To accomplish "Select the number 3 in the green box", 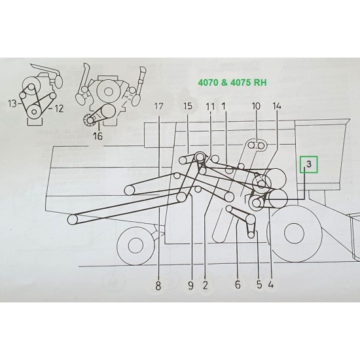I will pyautogui.click(x=309, y=164).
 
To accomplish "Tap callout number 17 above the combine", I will pyautogui.click(x=159, y=106).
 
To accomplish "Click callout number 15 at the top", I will pyautogui.click(x=188, y=106).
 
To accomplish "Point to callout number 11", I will pyautogui.click(x=209, y=106).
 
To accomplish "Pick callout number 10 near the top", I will pyautogui.click(x=256, y=106).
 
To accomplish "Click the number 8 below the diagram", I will pyautogui.click(x=159, y=284).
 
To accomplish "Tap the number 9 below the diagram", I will pyautogui.click(x=190, y=284).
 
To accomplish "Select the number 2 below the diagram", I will pyautogui.click(x=205, y=284).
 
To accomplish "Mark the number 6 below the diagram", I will pyautogui.click(x=238, y=284).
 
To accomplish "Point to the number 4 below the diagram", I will pyautogui.click(x=271, y=284).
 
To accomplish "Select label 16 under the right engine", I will pyautogui.click(x=99, y=136).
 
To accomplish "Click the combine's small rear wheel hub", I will pyautogui.click(x=135, y=246).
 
